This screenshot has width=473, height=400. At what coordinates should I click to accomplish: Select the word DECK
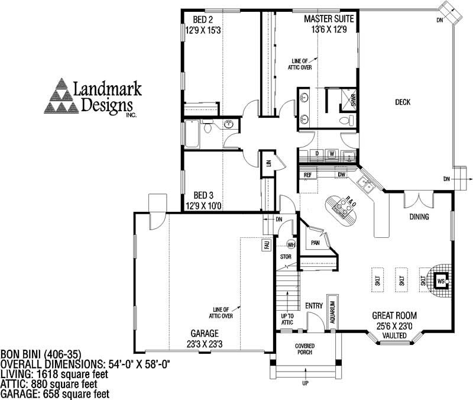pyautogui.click(x=403, y=102)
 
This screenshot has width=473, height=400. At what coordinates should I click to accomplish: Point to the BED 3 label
pyautogui.click(x=203, y=195)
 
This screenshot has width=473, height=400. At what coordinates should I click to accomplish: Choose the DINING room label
pyautogui.click(x=419, y=217)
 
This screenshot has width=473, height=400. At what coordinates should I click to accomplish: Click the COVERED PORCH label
pyautogui.click(x=304, y=349)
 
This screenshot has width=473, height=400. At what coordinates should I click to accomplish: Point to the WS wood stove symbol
pyautogui.click(x=440, y=281)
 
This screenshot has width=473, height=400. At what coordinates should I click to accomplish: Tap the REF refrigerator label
pyautogui.click(x=307, y=175)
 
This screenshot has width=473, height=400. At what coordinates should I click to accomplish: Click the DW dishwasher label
pyautogui.click(x=341, y=175)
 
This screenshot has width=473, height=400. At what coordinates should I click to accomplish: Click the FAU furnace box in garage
pyautogui.click(x=267, y=244)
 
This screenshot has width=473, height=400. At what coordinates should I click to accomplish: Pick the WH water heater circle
pyautogui.click(x=291, y=244)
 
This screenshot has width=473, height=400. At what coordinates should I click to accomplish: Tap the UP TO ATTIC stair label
pyautogui.click(x=287, y=320)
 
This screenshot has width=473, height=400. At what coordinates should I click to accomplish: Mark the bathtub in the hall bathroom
pyautogui.click(x=193, y=133)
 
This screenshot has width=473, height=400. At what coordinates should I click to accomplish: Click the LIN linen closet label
pyautogui.click(x=268, y=162)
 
